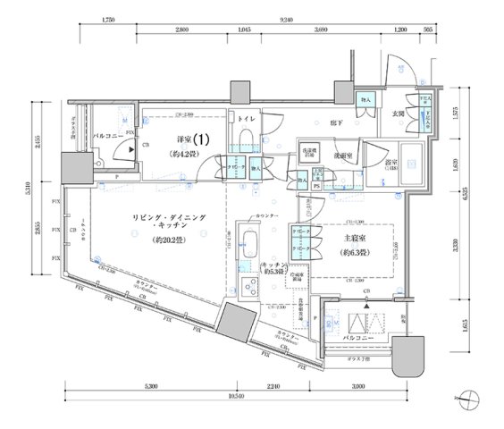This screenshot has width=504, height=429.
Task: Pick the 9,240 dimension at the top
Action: pos(287,18)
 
